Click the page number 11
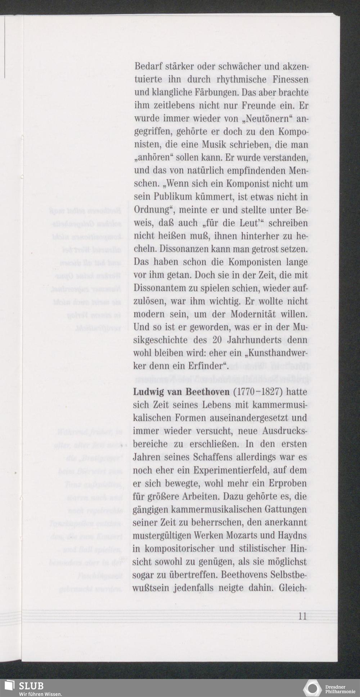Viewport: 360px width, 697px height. click(302, 616)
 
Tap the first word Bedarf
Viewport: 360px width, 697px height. click(147, 67)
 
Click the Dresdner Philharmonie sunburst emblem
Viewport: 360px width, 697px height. click(312, 688)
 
